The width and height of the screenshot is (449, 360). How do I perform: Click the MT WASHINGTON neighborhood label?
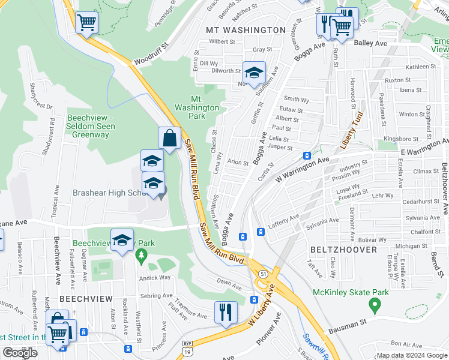tap(246, 30)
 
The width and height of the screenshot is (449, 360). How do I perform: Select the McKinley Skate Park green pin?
tap(375, 306)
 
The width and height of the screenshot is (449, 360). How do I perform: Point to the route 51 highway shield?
tap(264, 274)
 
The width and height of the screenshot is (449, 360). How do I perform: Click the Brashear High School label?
tap(110, 193)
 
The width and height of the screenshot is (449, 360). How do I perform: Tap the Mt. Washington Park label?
tap(197, 107)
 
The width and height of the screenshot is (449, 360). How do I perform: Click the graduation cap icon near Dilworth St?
tap(254, 72)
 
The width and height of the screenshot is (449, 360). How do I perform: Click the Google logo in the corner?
tap(20, 352)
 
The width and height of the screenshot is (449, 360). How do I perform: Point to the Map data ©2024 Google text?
tap(412, 355)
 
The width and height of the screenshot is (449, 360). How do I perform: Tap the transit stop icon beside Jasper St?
tap(307, 156)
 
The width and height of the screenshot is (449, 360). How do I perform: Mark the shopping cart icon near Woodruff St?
tap(87, 23)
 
